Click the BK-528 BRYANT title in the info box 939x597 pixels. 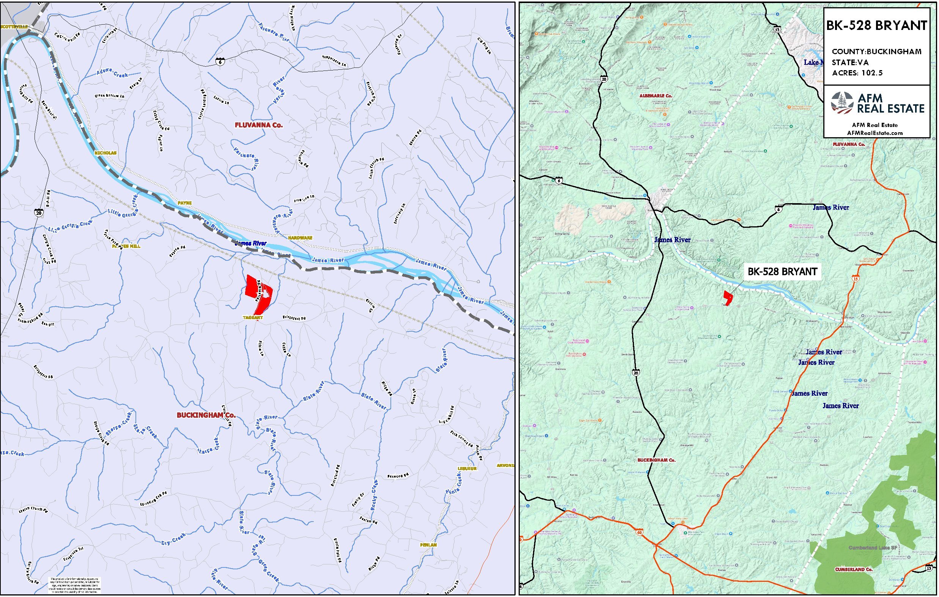[x=877, y=26]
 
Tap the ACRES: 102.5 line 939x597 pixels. [x=857, y=73]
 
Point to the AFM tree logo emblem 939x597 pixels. [x=842, y=103]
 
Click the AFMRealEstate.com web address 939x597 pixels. [x=875, y=133]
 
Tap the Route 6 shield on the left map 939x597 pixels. [x=220, y=61]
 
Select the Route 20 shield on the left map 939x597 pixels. [x=39, y=213]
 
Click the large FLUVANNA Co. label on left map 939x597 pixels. [x=258, y=125]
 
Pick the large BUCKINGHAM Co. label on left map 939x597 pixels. [x=206, y=415]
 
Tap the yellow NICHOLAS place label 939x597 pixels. [x=105, y=153]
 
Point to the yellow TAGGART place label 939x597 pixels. [x=253, y=318]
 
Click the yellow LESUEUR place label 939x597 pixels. [x=467, y=469]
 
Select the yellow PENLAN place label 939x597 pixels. [x=428, y=545]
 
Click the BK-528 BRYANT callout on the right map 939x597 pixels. [x=782, y=272]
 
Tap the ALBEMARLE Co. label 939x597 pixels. [x=656, y=96]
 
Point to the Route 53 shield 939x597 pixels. [x=777, y=30]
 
